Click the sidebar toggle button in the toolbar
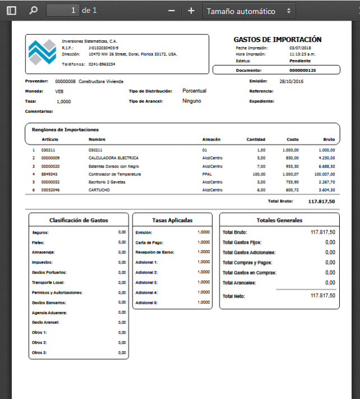[11, 11]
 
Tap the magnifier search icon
[33, 11]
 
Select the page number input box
[63, 11]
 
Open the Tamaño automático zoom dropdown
[249, 11]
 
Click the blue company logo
[43, 53]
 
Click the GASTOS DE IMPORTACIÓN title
[277, 40]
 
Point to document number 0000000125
[302, 71]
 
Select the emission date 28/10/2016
[291, 81]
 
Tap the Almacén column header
[211, 140]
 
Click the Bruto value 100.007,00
[324, 174]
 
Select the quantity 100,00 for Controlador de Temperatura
[258, 174]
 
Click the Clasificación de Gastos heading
[79, 220]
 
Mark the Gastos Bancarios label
[49, 303]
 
